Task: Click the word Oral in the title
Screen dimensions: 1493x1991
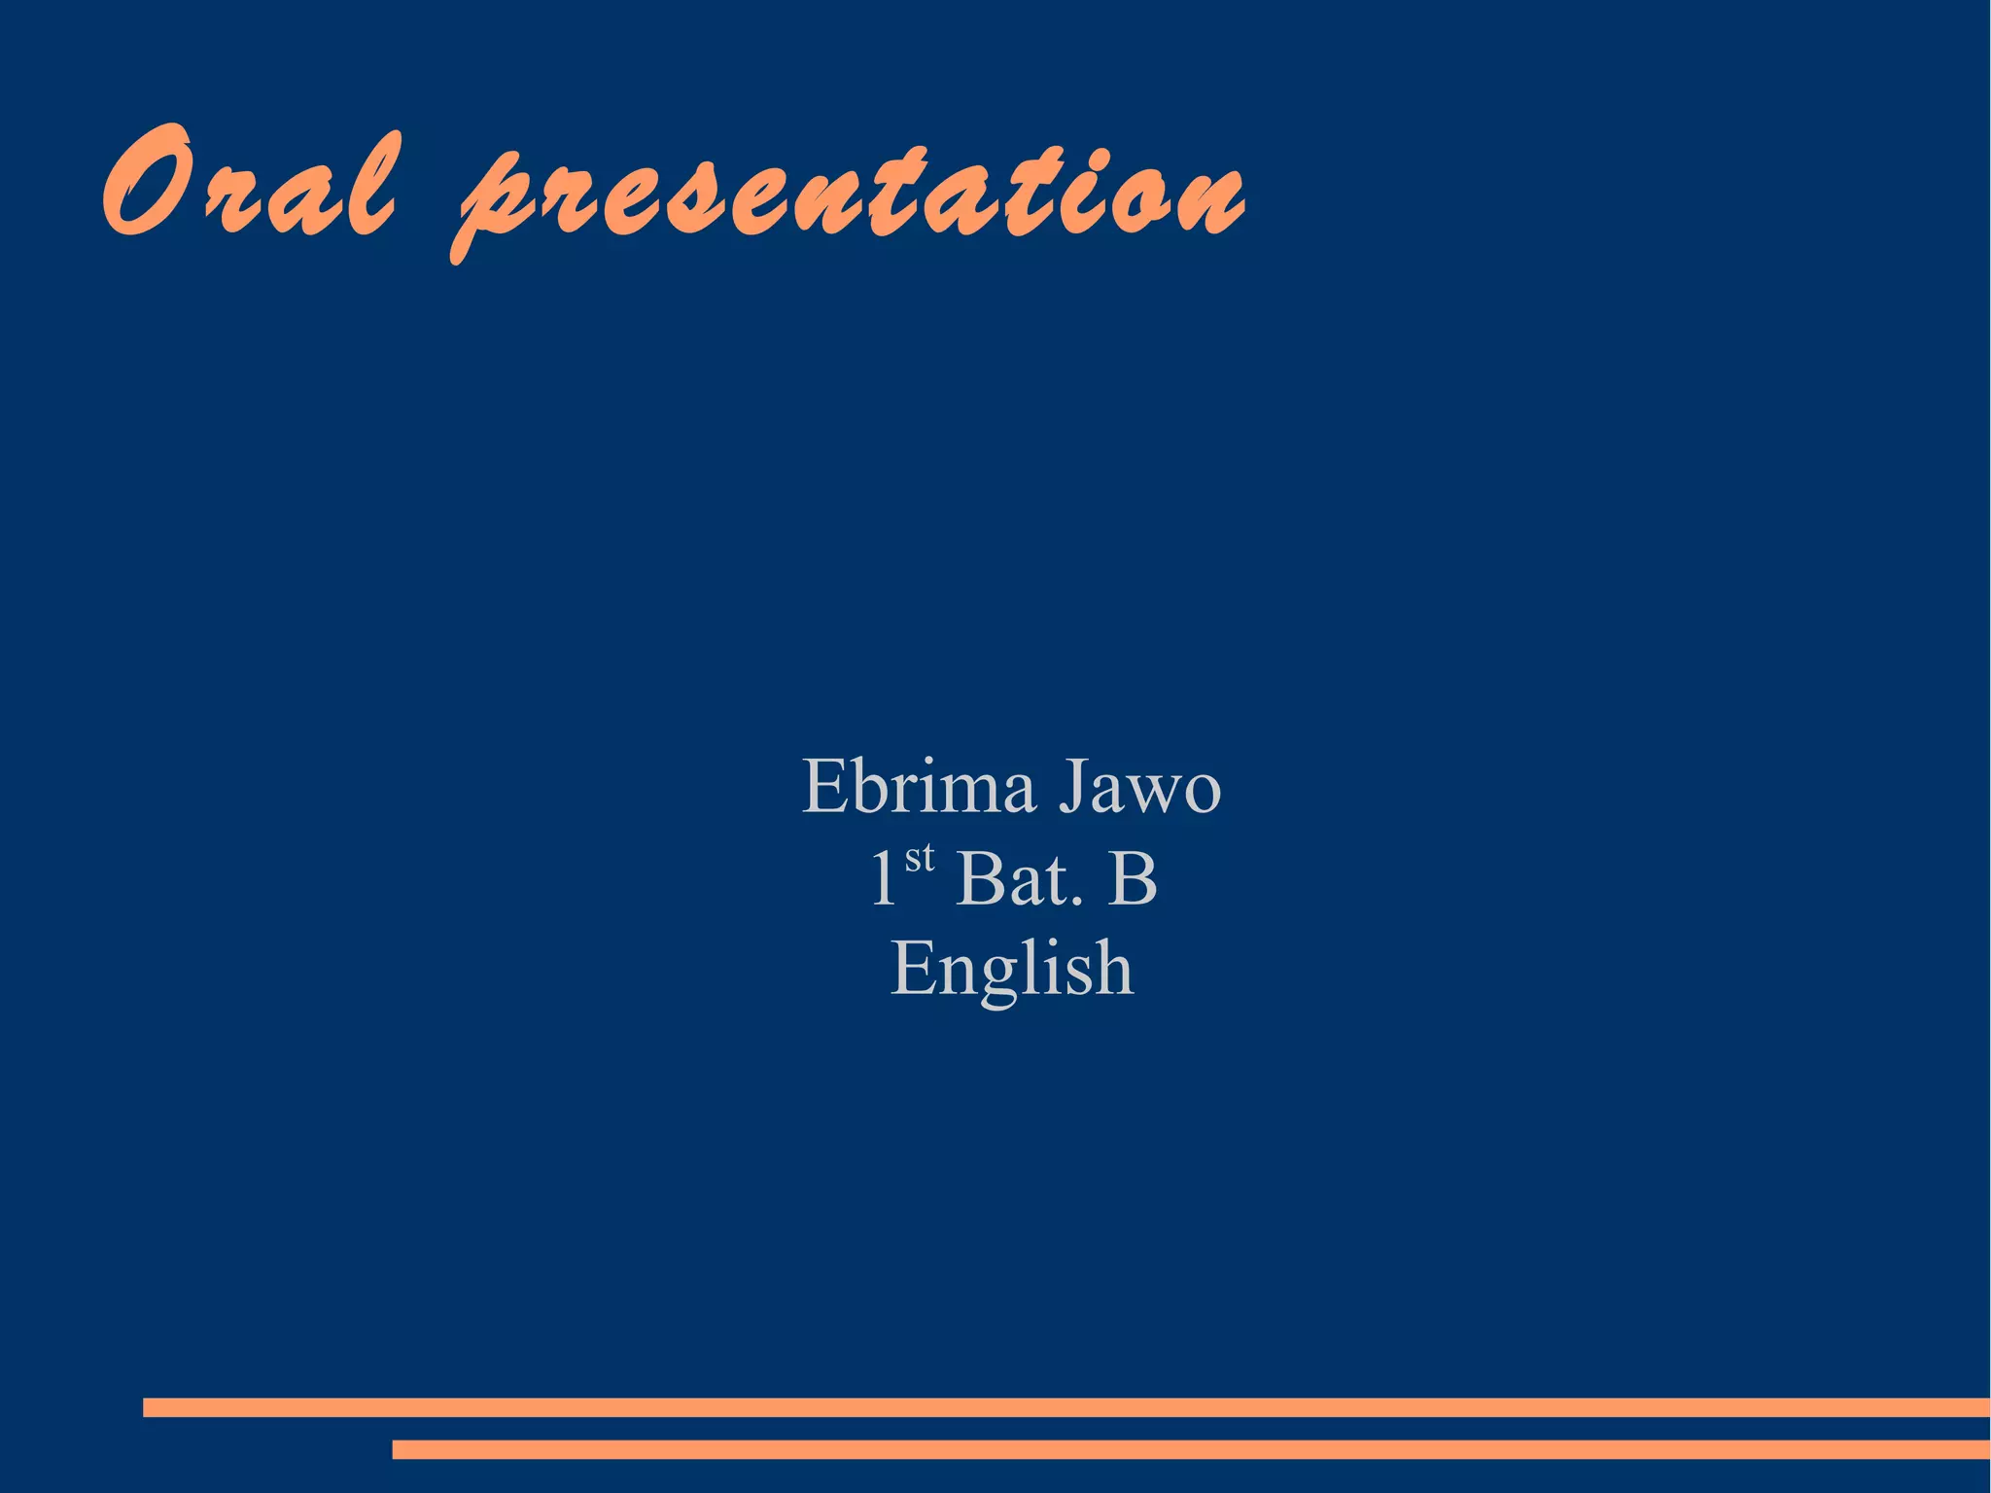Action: (x=249, y=185)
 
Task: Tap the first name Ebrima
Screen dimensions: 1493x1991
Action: (x=918, y=786)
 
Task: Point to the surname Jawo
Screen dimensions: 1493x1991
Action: (x=1139, y=786)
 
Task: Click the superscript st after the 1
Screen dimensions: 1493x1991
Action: (x=919, y=859)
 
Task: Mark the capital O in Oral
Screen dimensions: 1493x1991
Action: (x=146, y=182)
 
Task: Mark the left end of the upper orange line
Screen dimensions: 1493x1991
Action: (x=148, y=1407)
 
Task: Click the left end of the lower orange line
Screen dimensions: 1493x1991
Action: (x=397, y=1449)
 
